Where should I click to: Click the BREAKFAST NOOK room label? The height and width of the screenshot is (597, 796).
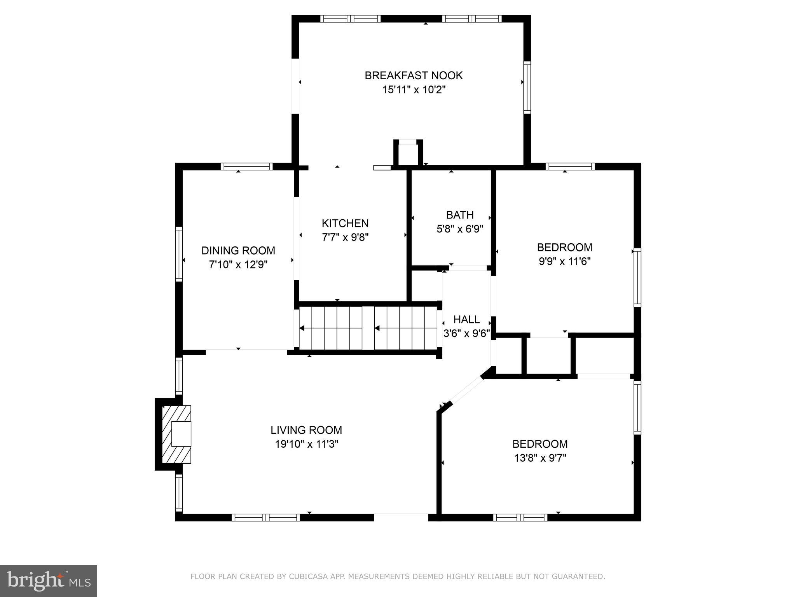[414, 75]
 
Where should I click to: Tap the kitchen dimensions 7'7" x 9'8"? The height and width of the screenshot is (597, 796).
[345, 237]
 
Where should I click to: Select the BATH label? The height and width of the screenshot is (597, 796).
[460, 215]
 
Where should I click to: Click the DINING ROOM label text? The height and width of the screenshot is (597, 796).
[238, 251]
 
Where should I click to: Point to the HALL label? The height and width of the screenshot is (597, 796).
[466, 319]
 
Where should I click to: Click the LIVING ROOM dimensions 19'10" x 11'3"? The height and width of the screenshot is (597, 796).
[307, 444]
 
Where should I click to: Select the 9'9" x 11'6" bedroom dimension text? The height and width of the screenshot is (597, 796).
[564, 262]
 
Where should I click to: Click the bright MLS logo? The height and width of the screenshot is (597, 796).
[48, 581]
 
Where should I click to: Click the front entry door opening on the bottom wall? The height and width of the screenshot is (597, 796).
[401, 517]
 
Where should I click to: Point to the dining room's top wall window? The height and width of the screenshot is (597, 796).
[247, 167]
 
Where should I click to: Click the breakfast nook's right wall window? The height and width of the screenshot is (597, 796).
[527, 87]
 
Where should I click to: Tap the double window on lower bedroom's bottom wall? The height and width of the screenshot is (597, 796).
[520, 517]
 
